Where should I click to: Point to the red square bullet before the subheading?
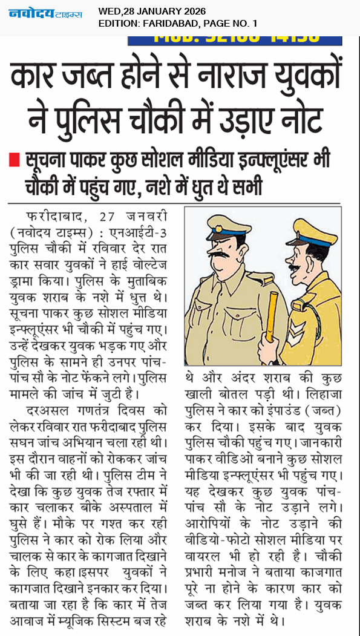(14, 162)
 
